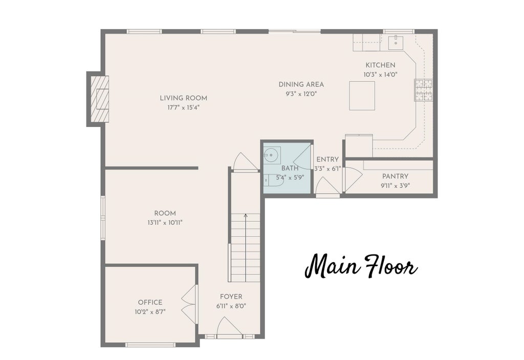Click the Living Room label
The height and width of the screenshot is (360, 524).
click(x=184, y=98)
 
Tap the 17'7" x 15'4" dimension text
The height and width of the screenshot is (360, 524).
click(x=184, y=108)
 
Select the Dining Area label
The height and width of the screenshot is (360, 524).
click(x=301, y=84)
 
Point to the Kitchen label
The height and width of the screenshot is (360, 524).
click(x=380, y=65)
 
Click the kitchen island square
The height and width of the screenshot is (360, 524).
click(x=362, y=95)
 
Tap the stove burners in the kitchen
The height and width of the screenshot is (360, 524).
click(x=423, y=90)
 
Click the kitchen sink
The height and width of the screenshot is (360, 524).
click(x=396, y=42)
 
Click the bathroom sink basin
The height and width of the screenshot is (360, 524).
click(x=271, y=155)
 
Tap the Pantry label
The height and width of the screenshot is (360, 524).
click(x=396, y=176)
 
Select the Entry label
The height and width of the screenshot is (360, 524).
click(x=327, y=160)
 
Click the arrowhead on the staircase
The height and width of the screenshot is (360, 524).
click(x=246, y=216)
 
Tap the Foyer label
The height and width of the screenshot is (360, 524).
click(x=231, y=297)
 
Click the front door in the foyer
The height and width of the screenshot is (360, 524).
click(x=229, y=327)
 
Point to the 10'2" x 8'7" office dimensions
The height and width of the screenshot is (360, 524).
click(x=150, y=312)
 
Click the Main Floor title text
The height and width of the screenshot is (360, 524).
click(x=361, y=266)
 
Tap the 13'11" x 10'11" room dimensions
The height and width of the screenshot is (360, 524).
click(x=165, y=222)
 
